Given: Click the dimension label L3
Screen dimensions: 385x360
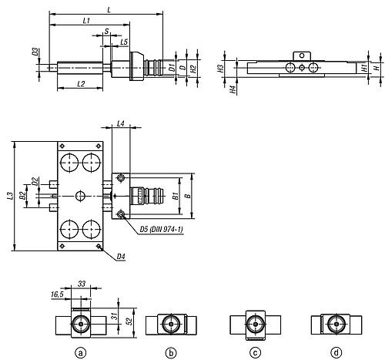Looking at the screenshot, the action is [10, 196].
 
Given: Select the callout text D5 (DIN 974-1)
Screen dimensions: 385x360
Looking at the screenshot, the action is [162, 229].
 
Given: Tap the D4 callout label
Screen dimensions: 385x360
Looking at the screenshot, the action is [121, 257].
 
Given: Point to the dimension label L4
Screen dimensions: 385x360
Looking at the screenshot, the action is [121, 124].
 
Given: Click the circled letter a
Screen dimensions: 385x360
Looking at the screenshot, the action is [81, 353].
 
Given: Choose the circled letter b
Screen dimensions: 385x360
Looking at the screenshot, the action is [171, 353].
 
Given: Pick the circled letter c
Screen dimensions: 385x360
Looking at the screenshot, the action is [255, 353].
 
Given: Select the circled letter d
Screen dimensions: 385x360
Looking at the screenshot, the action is [336, 353].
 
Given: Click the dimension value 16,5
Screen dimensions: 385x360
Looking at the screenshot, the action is [57, 294].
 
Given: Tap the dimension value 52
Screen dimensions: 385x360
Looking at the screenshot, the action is [130, 321].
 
